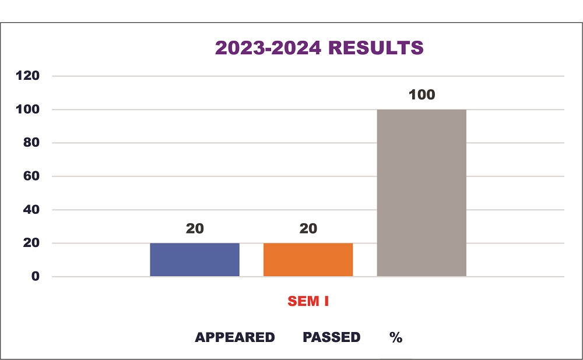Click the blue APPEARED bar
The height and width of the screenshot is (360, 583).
coord(195,260)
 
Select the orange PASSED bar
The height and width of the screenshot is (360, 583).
coord(308,260)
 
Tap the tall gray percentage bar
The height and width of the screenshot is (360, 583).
coord(422,193)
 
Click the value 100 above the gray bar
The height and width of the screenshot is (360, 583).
coord(422,94)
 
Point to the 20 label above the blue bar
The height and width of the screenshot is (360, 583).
coord(195,228)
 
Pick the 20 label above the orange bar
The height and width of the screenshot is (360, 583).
coord(308,228)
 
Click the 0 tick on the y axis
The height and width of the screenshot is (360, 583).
coord(36,276)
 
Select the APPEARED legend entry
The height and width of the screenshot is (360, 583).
coord(234,338)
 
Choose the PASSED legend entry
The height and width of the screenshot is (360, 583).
coord(331,338)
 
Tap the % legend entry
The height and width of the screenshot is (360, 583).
coord(396,338)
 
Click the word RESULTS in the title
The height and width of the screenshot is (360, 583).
coord(376,48)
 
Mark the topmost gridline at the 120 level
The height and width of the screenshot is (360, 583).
coord(309,76)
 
